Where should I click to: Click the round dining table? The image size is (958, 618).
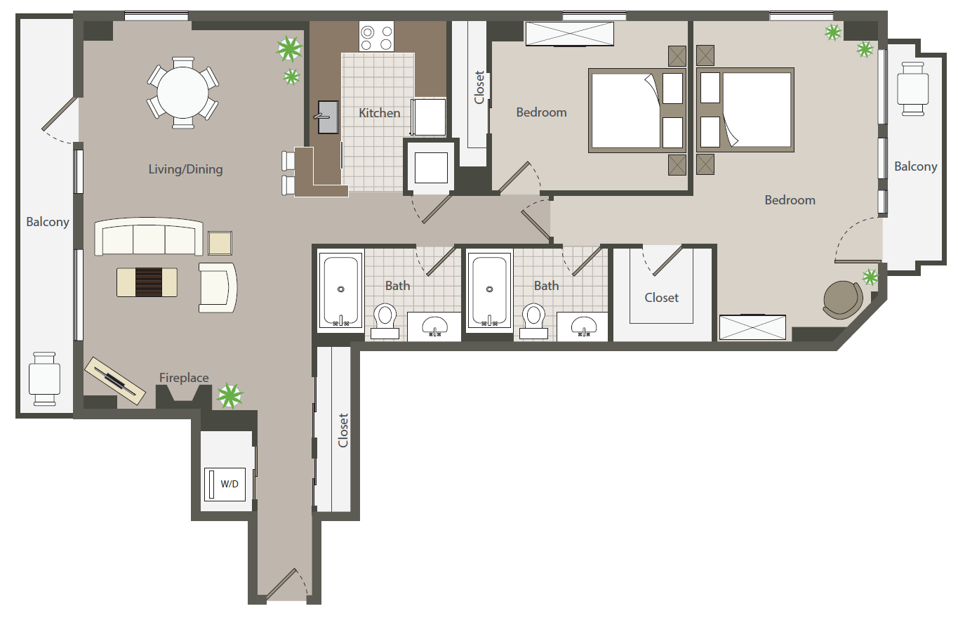tap(183, 93)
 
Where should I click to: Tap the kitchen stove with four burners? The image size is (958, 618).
tap(376, 37)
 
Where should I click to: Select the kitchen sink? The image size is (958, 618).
tap(328, 117)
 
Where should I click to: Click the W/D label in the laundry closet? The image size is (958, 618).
tap(229, 484)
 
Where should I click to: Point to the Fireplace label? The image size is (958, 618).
tap(184, 378)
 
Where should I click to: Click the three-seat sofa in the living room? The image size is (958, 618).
tap(148, 237)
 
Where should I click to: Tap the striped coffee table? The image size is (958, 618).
tap(147, 282)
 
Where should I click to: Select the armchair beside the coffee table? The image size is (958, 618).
tap(218, 288)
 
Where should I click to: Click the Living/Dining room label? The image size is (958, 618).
tap(185, 169)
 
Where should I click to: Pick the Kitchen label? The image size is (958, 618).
tap(380, 113)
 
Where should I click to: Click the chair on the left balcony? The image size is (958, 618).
tap(44, 379)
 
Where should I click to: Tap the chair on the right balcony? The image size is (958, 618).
tap(912, 88)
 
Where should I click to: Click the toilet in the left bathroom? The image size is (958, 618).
tap(385, 322)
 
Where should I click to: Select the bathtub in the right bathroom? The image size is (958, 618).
tap(490, 291)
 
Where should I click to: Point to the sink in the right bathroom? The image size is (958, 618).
tap(584, 327)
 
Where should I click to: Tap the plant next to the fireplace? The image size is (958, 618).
tap(229, 396)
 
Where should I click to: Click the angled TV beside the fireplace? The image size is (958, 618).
tap(114, 381)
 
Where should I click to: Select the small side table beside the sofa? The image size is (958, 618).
tap(220, 244)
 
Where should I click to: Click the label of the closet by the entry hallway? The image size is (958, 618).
tap(343, 430)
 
